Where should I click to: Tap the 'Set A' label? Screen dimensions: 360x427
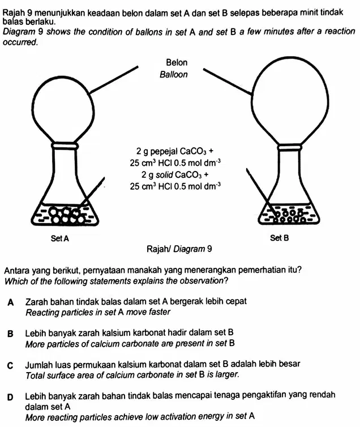[x=60, y=239]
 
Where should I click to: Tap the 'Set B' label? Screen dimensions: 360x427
[x=280, y=238]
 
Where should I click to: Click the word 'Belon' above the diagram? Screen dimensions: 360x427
[x=177, y=63]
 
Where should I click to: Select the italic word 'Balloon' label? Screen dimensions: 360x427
[x=174, y=75]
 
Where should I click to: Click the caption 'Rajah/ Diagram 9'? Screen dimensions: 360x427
[x=179, y=249]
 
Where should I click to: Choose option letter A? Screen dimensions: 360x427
[x=11, y=302]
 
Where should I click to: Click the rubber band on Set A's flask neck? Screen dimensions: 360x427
[x=65, y=146]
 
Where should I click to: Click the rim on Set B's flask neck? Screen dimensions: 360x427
[x=290, y=147]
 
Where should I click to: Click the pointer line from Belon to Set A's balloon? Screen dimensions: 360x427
[x=114, y=79]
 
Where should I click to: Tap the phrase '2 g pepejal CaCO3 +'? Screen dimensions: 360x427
[x=175, y=151]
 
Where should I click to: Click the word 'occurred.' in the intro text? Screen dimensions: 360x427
[x=20, y=42]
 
